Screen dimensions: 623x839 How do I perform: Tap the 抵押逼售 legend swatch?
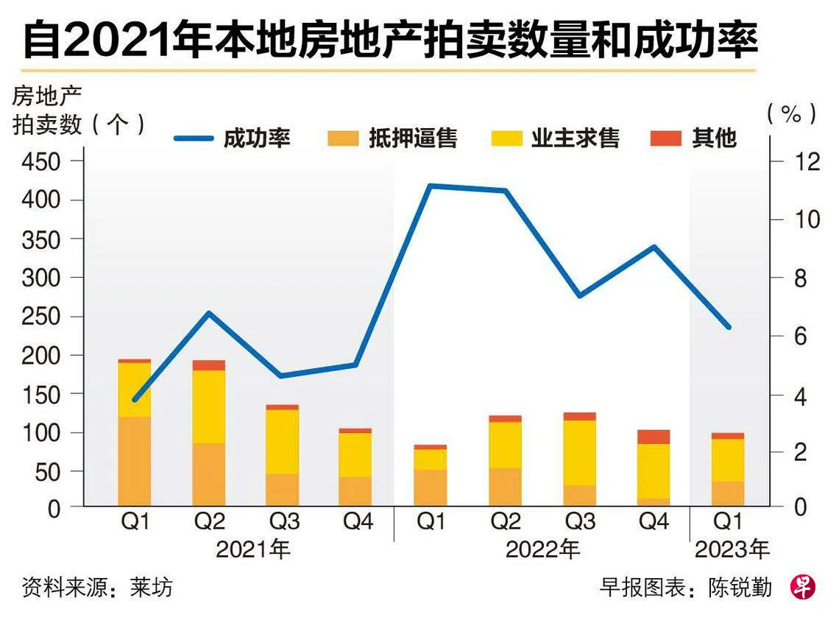(x=341, y=138)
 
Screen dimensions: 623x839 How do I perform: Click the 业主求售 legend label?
(x=576, y=138)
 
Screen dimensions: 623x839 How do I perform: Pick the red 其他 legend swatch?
(x=666, y=138)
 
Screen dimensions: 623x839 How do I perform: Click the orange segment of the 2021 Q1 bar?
(x=135, y=460)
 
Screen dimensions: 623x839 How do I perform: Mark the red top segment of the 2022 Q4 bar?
(x=654, y=437)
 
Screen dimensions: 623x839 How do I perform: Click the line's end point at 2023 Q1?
(x=729, y=327)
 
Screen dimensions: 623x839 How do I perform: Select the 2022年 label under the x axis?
(x=542, y=549)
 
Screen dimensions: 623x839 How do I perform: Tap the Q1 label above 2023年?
(x=729, y=522)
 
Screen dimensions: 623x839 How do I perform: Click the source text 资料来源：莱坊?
(x=97, y=587)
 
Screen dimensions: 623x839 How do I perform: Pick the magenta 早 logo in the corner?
(x=803, y=586)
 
